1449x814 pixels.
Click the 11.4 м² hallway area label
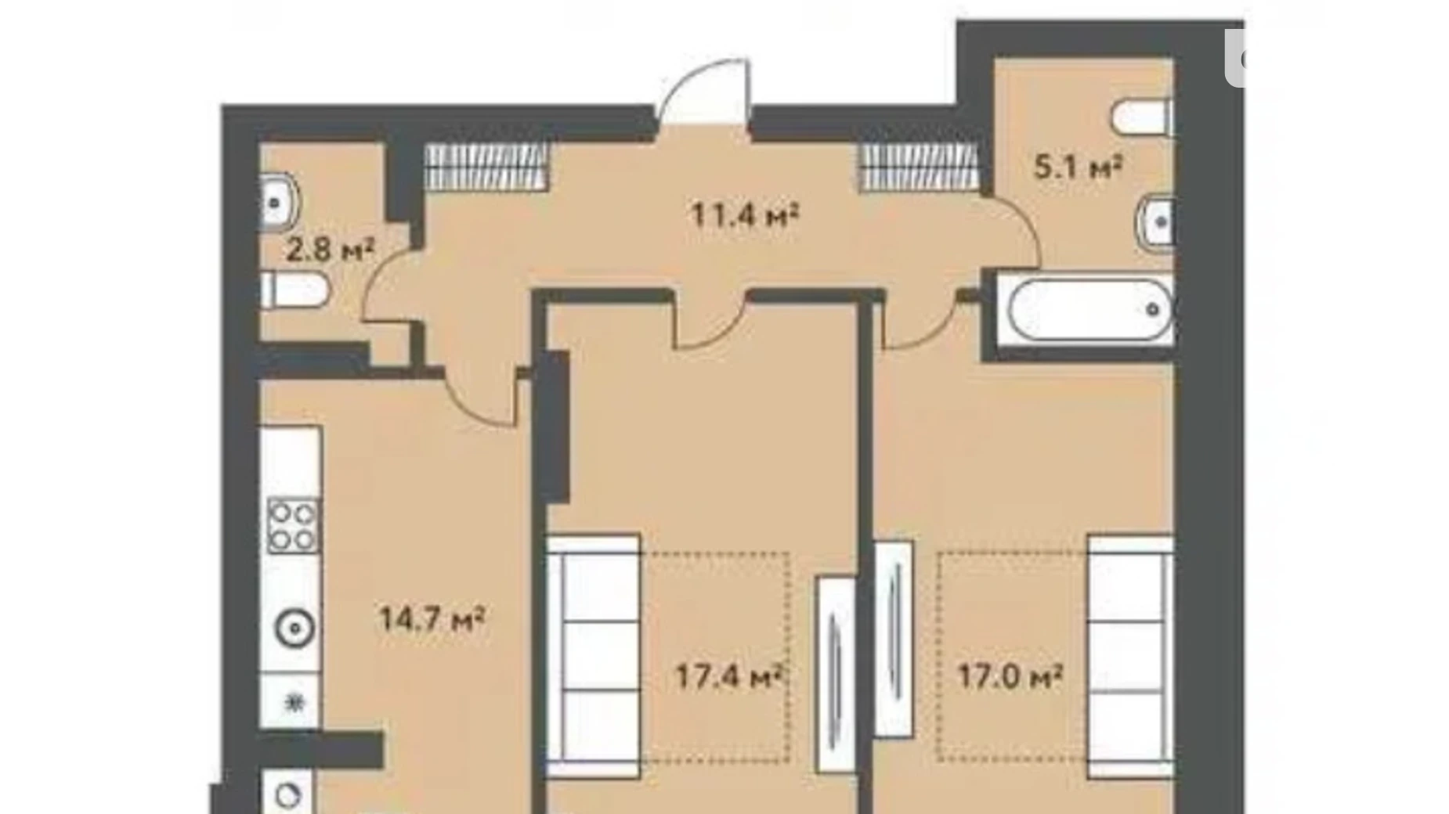pyautogui.click(x=744, y=214)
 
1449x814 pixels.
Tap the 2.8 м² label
pyautogui.click(x=330, y=250)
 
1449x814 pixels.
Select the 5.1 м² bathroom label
pyautogui.click(x=1079, y=167)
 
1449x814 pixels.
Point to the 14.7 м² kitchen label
pyautogui.click(x=432, y=619)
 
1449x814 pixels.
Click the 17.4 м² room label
pyautogui.click(x=729, y=676)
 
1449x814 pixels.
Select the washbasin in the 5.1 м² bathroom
pyautogui.click(x=1155, y=222)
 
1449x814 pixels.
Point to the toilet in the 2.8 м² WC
pyautogui.click(x=294, y=290)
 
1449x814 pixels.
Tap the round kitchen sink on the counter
pyautogui.click(x=294, y=629)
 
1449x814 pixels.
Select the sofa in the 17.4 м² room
pyautogui.click(x=594, y=656)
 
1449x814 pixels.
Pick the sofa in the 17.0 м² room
pyautogui.click(x=1130, y=656)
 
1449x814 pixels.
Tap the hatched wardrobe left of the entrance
pyautogui.click(x=486, y=167)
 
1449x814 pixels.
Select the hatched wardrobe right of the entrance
pyautogui.click(x=920, y=167)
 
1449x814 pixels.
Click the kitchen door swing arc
pyautogui.click(x=479, y=398)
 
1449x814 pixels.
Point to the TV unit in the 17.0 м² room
pyautogui.click(x=894, y=639)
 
